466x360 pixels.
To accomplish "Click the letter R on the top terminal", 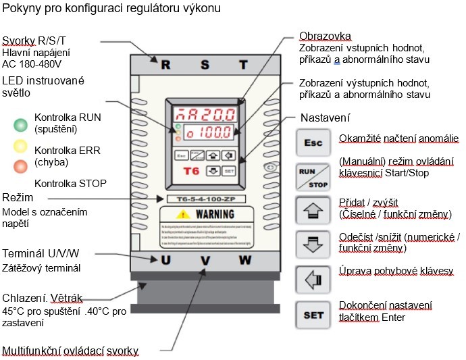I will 165,65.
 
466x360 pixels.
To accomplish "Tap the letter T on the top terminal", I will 243,65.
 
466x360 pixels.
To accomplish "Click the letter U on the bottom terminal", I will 165,260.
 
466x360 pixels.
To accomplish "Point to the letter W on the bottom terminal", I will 244,260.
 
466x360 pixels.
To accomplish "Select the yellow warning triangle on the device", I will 182,214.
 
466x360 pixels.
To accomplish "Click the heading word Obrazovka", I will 326,36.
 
